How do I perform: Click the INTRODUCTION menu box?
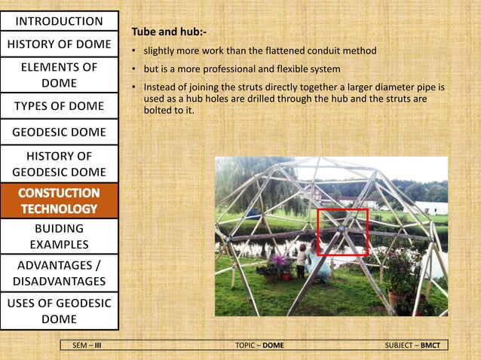[59, 20]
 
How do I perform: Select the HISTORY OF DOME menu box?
[59, 44]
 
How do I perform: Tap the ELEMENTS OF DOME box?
[59, 75]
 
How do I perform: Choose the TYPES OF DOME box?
[59, 105]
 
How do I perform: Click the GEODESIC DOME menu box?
[59, 133]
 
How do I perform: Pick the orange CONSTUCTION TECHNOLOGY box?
[59, 200]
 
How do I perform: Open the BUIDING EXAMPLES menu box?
[59, 236]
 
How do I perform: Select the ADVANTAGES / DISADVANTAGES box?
[59, 273]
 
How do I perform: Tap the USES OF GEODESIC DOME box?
[59, 312]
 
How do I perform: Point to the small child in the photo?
[302, 259]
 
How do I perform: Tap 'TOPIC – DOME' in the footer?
[260, 345]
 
